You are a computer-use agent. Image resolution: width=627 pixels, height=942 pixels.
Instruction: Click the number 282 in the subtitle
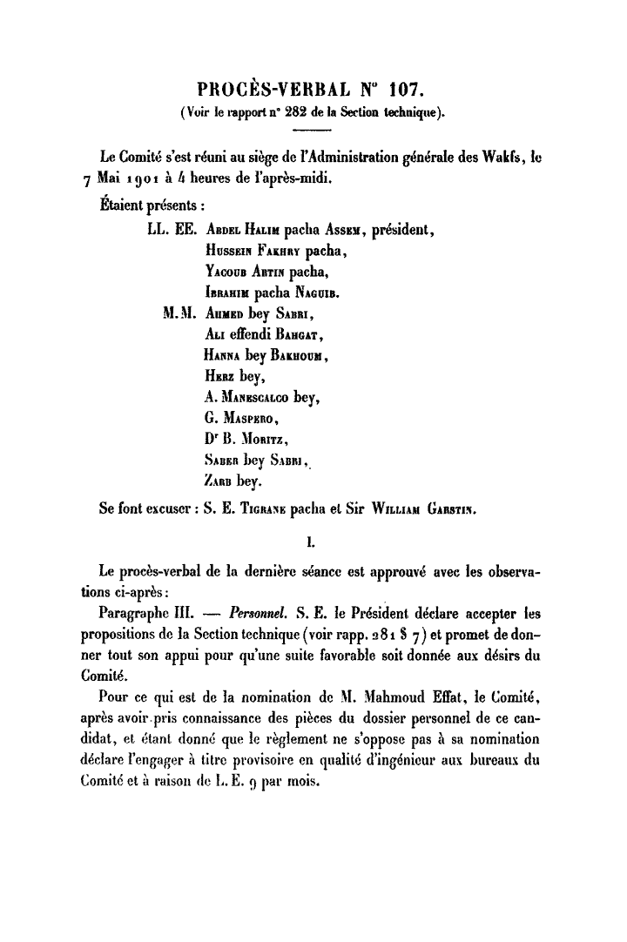[x=265, y=111]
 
